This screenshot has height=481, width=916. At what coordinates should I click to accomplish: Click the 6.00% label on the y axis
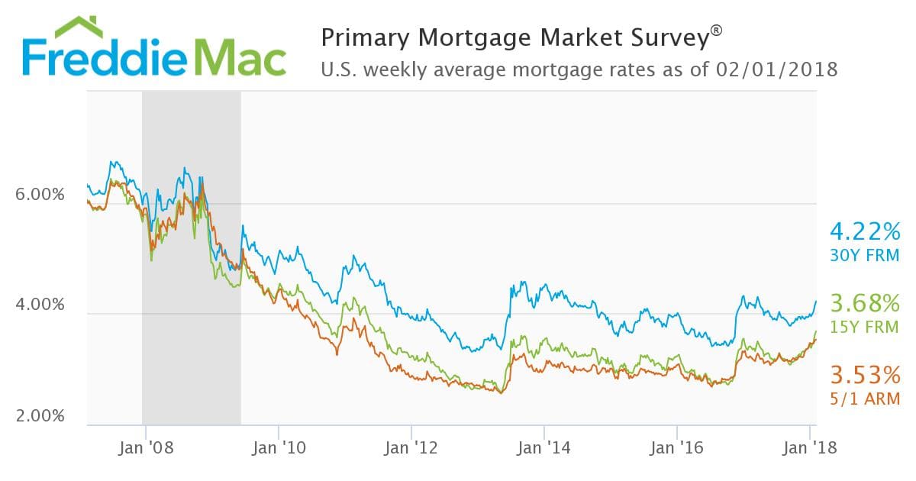(x=40, y=195)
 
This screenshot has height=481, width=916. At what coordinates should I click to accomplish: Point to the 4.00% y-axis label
(x=40, y=305)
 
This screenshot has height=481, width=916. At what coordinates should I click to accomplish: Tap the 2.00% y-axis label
(x=40, y=416)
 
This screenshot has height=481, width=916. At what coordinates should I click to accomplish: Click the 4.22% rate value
(x=865, y=231)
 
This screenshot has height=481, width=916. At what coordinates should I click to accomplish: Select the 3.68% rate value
(x=865, y=304)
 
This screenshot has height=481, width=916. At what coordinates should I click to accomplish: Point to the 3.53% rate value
(x=865, y=376)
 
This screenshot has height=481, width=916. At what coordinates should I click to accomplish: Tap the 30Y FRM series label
(x=865, y=255)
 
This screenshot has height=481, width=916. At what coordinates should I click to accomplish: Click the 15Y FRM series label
(x=865, y=328)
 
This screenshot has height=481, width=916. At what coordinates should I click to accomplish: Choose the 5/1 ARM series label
(x=865, y=399)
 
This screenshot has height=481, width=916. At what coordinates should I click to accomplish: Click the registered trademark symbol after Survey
(x=715, y=30)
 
